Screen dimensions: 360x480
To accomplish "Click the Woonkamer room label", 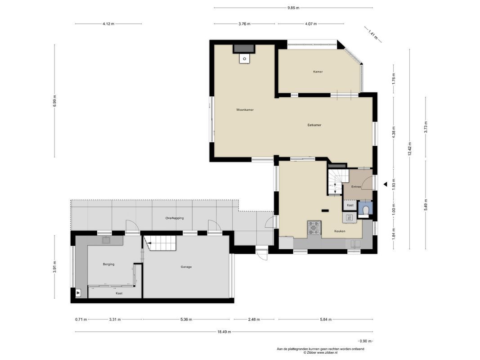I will coord(245,109).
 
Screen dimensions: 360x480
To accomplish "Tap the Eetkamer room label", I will coord(314,125).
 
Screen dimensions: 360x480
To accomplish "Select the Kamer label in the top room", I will coord(318,72).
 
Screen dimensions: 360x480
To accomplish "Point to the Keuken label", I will coord(340,231).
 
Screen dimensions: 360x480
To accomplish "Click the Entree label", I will coord(357,186).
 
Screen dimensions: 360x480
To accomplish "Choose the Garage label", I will coord(186,267).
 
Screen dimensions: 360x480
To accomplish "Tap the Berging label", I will coord(108,264).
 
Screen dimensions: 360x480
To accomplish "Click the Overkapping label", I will coord(175,218).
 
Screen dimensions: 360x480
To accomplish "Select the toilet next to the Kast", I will coord(365,210).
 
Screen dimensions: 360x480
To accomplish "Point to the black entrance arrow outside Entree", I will coord(385,184).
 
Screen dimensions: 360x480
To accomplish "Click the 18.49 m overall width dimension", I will coord(224,332).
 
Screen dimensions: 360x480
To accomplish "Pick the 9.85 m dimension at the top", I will coord(293,8).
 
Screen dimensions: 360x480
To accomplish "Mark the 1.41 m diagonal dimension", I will coord(372,33).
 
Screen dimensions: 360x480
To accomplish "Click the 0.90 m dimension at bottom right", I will coord(366,341).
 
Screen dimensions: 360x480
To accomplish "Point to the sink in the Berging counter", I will coord(107,240).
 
